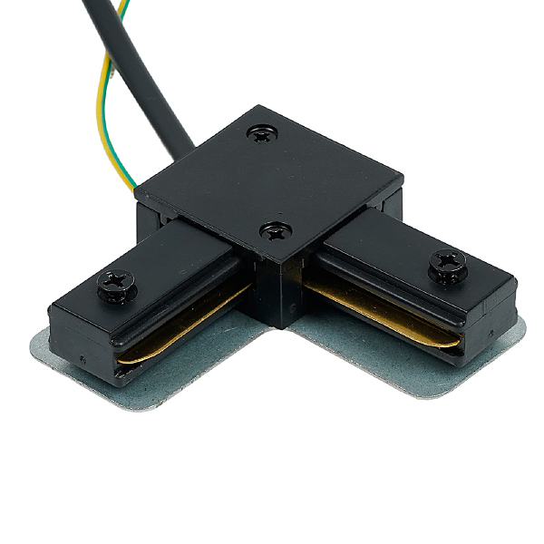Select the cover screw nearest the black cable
click(x=263, y=133)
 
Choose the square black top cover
click(x=272, y=181)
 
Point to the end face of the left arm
click(x=82, y=335)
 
